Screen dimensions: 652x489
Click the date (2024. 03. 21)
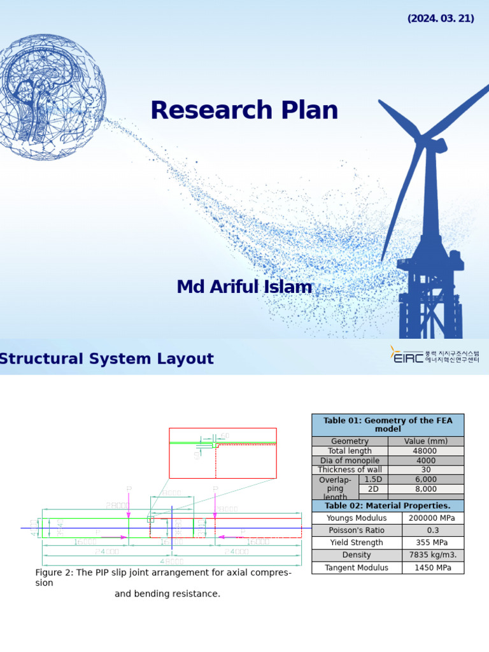coord(441,18)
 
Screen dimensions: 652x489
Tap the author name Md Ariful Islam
coord(244,287)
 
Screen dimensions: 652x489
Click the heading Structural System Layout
coord(106,358)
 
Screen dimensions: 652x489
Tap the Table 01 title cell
coord(388,425)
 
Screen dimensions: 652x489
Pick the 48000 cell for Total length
coord(426,451)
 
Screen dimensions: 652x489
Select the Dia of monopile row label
coord(350,460)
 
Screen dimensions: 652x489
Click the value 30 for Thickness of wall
coord(426,470)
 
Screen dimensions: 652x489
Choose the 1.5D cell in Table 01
coord(373,479)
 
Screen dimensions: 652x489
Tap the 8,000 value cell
coord(426,489)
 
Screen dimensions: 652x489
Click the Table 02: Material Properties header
coord(388,506)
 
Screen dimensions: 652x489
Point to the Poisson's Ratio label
coord(357,530)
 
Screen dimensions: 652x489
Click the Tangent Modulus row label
coord(357,567)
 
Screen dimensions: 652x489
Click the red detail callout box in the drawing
coord(223,453)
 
